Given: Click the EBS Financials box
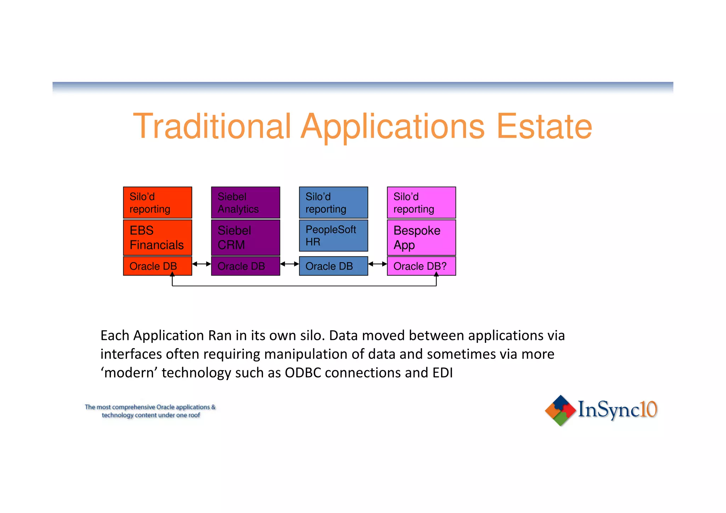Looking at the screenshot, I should click(x=157, y=238).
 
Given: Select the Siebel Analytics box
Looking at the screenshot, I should click(x=245, y=202).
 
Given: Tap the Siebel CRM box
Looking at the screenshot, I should click(x=245, y=238).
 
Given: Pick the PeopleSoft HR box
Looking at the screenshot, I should click(x=333, y=235).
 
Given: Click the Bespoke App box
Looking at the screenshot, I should click(x=421, y=238).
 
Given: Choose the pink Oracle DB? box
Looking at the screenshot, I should click(x=421, y=266).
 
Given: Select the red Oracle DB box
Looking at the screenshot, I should click(x=157, y=266).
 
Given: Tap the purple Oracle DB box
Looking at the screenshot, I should click(x=245, y=266).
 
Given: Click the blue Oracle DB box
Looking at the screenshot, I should click(x=333, y=266).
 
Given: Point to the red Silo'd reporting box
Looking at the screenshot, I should click(x=157, y=202).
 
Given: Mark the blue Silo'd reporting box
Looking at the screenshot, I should click(x=333, y=202).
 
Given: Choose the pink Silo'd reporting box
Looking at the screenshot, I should click(x=421, y=202).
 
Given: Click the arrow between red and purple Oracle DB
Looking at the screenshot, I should click(x=201, y=264).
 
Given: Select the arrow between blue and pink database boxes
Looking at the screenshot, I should click(x=378, y=264).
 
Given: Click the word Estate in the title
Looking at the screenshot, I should click(x=544, y=126).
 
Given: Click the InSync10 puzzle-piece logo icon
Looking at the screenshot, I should click(x=560, y=410).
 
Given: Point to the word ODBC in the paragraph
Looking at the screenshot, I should click(x=303, y=373).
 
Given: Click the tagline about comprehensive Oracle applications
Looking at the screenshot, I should click(x=150, y=411).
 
